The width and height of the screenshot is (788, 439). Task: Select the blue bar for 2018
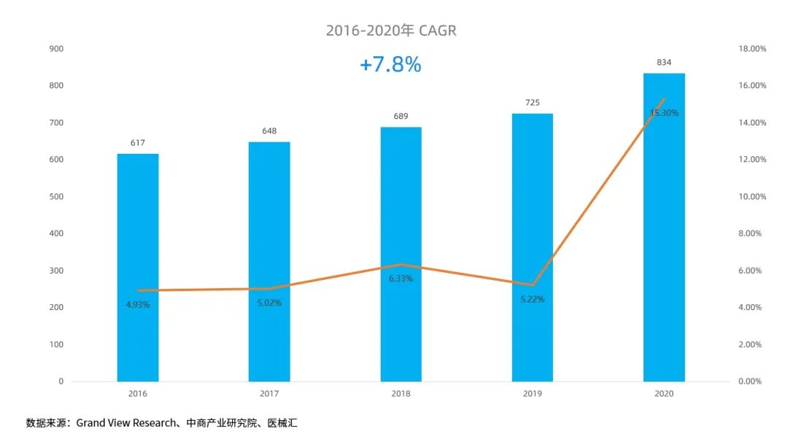[x=401, y=255]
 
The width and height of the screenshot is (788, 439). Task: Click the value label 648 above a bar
[x=269, y=131]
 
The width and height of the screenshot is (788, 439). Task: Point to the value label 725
[x=533, y=103]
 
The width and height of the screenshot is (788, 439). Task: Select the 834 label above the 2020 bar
[x=664, y=63]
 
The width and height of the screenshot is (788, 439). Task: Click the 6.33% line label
[x=401, y=279]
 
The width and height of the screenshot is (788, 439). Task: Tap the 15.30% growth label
[x=664, y=113]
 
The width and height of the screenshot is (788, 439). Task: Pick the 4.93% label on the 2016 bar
[x=137, y=305]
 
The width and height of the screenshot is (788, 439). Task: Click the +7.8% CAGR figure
[x=390, y=65]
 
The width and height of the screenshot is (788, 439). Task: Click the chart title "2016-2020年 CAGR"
[x=391, y=31]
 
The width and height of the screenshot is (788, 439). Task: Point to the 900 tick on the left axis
[x=56, y=49]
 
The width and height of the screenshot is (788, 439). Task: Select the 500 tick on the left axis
[x=56, y=197]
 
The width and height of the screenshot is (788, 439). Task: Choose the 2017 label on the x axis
[x=269, y=393]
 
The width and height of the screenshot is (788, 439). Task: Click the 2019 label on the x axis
[x=533, y=393]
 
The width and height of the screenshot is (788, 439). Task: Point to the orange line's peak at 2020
[x=664, y=99]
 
